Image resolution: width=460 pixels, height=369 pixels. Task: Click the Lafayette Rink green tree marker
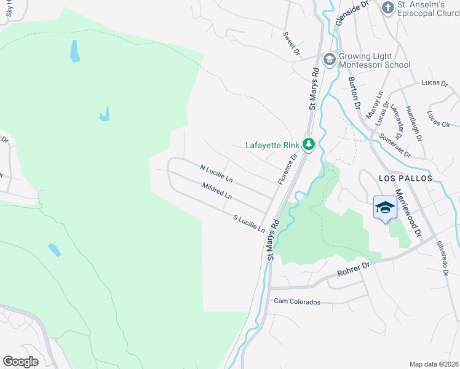(x=309, y=145)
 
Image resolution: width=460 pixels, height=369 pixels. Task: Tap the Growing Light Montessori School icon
(x=329, y=59)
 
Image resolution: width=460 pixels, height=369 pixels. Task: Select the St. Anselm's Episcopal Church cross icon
(x=387, y=7)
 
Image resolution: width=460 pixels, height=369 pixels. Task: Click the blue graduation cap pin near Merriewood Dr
(x=385, y=208)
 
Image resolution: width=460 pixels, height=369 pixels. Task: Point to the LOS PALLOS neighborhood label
(x=405, y=178)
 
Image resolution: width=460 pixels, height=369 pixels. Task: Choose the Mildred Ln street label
(x=216, y=191)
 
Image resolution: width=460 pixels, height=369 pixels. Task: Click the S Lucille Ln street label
(x=249, y=223)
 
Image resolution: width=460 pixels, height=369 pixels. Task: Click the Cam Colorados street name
(x=298, y=302)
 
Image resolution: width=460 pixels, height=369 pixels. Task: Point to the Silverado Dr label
(x=442, y=257)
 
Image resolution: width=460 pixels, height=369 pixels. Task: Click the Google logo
(x=20, y=361)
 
